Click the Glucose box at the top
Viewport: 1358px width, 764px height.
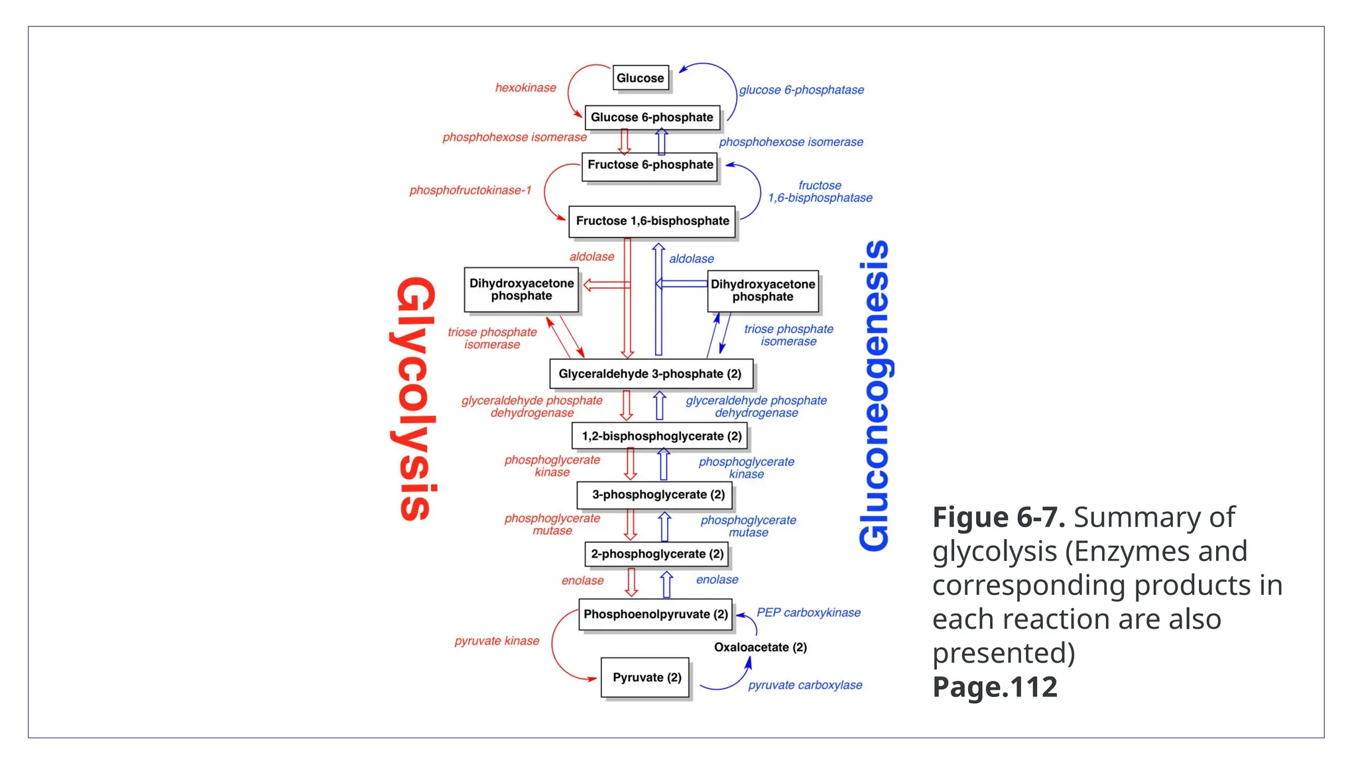pyautogui.click(x=640, y=78)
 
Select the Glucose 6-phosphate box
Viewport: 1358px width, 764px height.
pyautogui.click(x=652, y=117)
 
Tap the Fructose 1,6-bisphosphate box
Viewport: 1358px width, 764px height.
pyautogui.click(x=652, y=221)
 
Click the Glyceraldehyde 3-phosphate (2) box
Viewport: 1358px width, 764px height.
pyautogui.click(x=650, y=374)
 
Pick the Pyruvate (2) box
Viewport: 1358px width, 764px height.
pyautogui.click(x=646, y=677)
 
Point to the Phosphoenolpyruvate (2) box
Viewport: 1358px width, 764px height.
pyautogui.click(x=655, y=614)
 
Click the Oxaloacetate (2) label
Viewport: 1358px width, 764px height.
pyautogui.click(x=761, y=647)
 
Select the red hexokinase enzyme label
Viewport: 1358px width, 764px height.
pyautogui.click(x=525, y=88)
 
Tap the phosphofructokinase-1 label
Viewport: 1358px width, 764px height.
pyautogui.click(x=470, y=190)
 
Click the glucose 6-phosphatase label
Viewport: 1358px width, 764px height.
pyautogui.click(x=801, y=90)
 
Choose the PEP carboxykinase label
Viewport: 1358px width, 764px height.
pyautogui.click(x=808, y=613)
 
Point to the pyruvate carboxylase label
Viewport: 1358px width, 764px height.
pyautogui.click(x=805, y=685)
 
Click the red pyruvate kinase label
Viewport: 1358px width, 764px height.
pyautogui.click(x=497, y=641)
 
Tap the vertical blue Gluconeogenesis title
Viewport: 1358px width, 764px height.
pyautogui.click(x=875, y=396)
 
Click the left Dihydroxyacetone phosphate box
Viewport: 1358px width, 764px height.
pyautogui.click(x=521, y=290)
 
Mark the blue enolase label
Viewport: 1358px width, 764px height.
pyautogui.click(x=717, y=580)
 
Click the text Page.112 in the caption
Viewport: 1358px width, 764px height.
pyautogui.click(x=995, y=687)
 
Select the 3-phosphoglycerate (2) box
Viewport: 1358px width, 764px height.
pyautogui.click(x=658, y=495)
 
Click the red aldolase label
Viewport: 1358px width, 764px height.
pyautogui.click(x=591, y=257)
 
